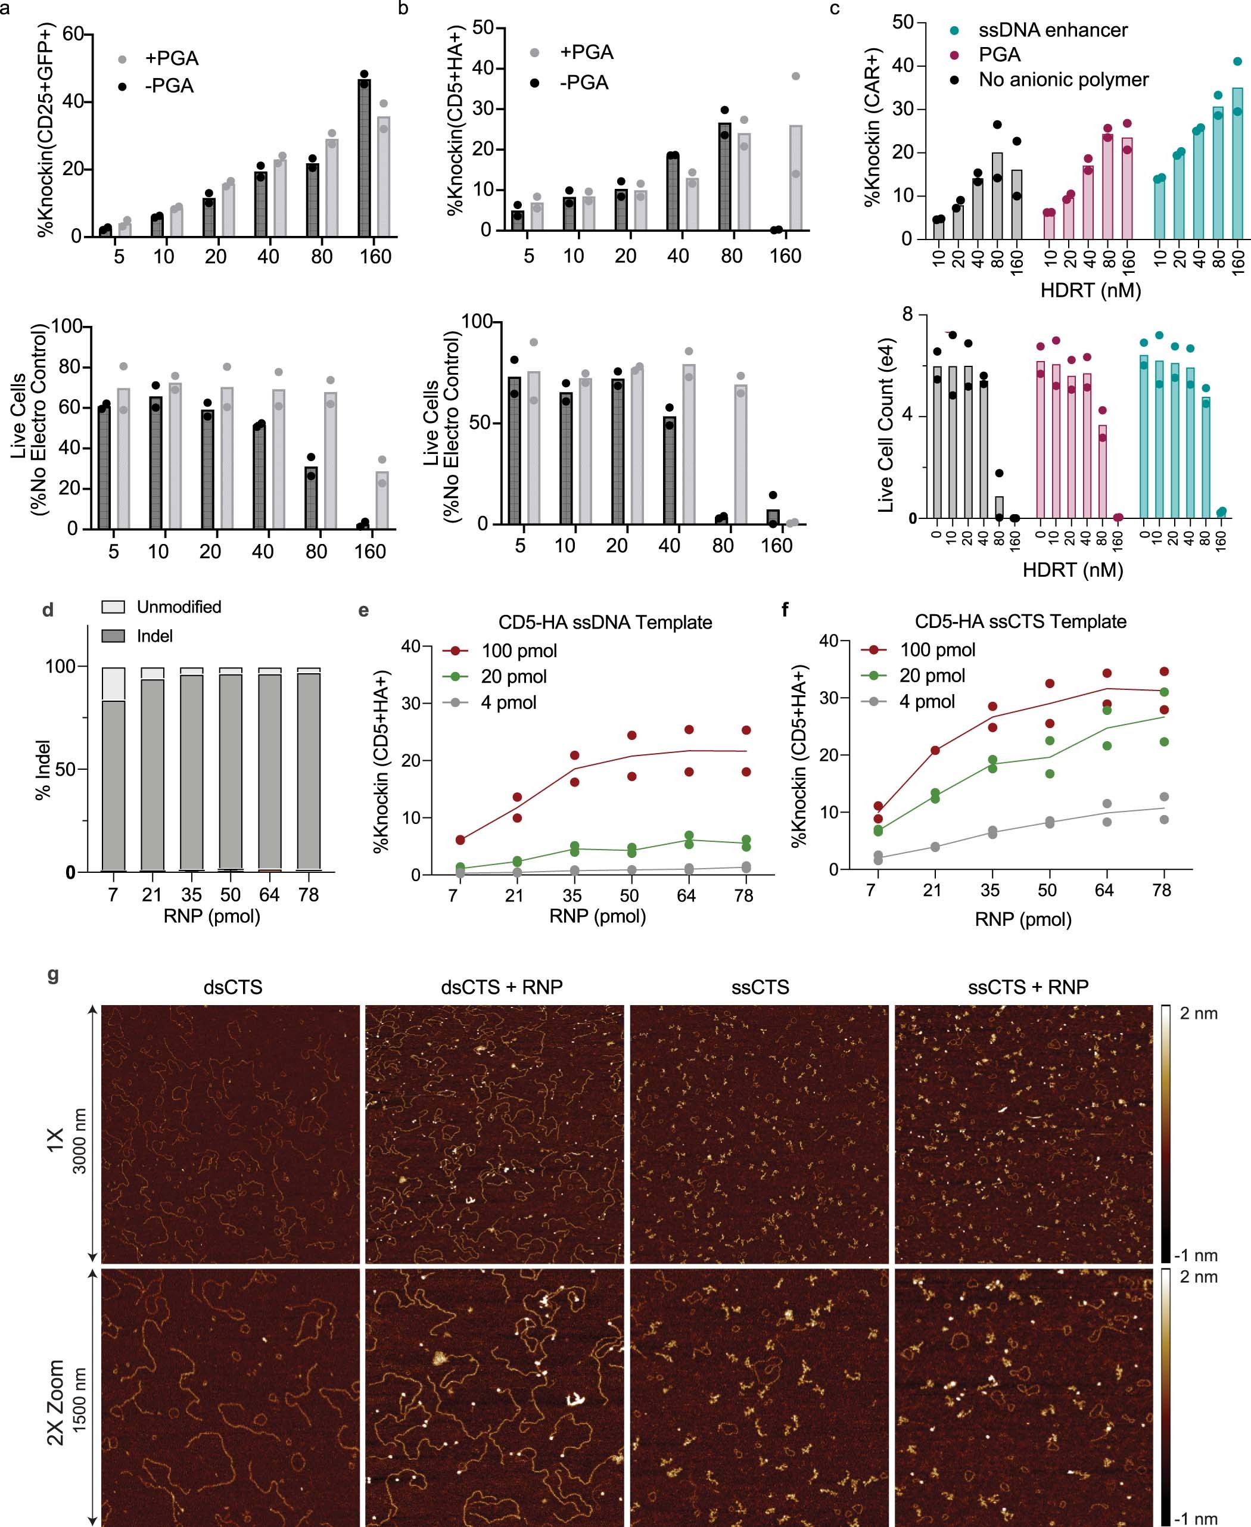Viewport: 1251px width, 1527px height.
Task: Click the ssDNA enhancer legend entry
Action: [1052, 30]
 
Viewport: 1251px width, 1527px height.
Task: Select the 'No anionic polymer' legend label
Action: [1063, 79]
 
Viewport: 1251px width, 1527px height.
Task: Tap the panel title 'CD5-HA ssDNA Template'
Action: [605, 622]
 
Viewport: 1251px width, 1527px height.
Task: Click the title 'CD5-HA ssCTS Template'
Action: [1020, 621]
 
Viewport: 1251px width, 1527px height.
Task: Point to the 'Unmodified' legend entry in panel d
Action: [179, 607]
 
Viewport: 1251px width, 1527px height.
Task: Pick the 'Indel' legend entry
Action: [154, 636]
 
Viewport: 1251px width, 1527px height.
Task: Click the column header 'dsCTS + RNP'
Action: [502, 987]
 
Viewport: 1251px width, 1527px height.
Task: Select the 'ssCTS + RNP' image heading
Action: [1028, 987]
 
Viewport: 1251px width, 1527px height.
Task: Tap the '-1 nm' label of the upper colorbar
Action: [1196, 1255]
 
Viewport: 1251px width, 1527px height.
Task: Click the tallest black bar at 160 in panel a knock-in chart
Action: [365, 158]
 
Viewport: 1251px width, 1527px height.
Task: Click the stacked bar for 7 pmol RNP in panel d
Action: [114, 770]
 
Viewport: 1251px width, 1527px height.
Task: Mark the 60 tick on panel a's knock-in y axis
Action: [72, 34]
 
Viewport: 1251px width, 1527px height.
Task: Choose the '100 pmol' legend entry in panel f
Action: [937, 649]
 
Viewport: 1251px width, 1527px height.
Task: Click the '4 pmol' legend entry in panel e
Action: [508, 702]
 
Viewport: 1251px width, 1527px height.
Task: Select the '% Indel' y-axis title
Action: [43, 769]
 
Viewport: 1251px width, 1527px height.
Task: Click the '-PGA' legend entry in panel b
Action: [584, 83]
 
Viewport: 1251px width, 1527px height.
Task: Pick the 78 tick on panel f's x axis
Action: [1162, 890]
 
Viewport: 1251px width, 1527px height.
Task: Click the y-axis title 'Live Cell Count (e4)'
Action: [886, 425]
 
